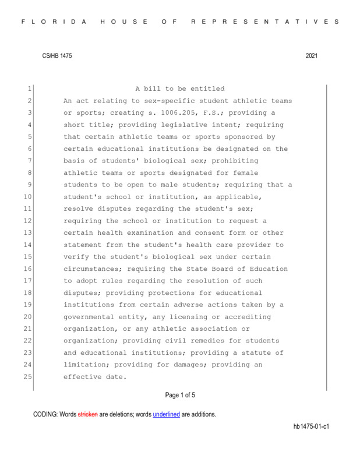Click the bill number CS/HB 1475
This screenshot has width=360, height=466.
click(57, 55)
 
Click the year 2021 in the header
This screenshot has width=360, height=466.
click(312, 55)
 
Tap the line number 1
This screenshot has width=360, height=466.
click(27, 89)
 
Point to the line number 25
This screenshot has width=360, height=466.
click(26, 377)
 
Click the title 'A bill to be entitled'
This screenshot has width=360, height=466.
click(180, 89)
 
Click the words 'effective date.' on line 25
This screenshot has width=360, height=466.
click(94, 377)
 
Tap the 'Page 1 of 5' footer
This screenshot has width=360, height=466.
click(180, 396)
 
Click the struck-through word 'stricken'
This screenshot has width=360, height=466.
click(88, 415)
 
